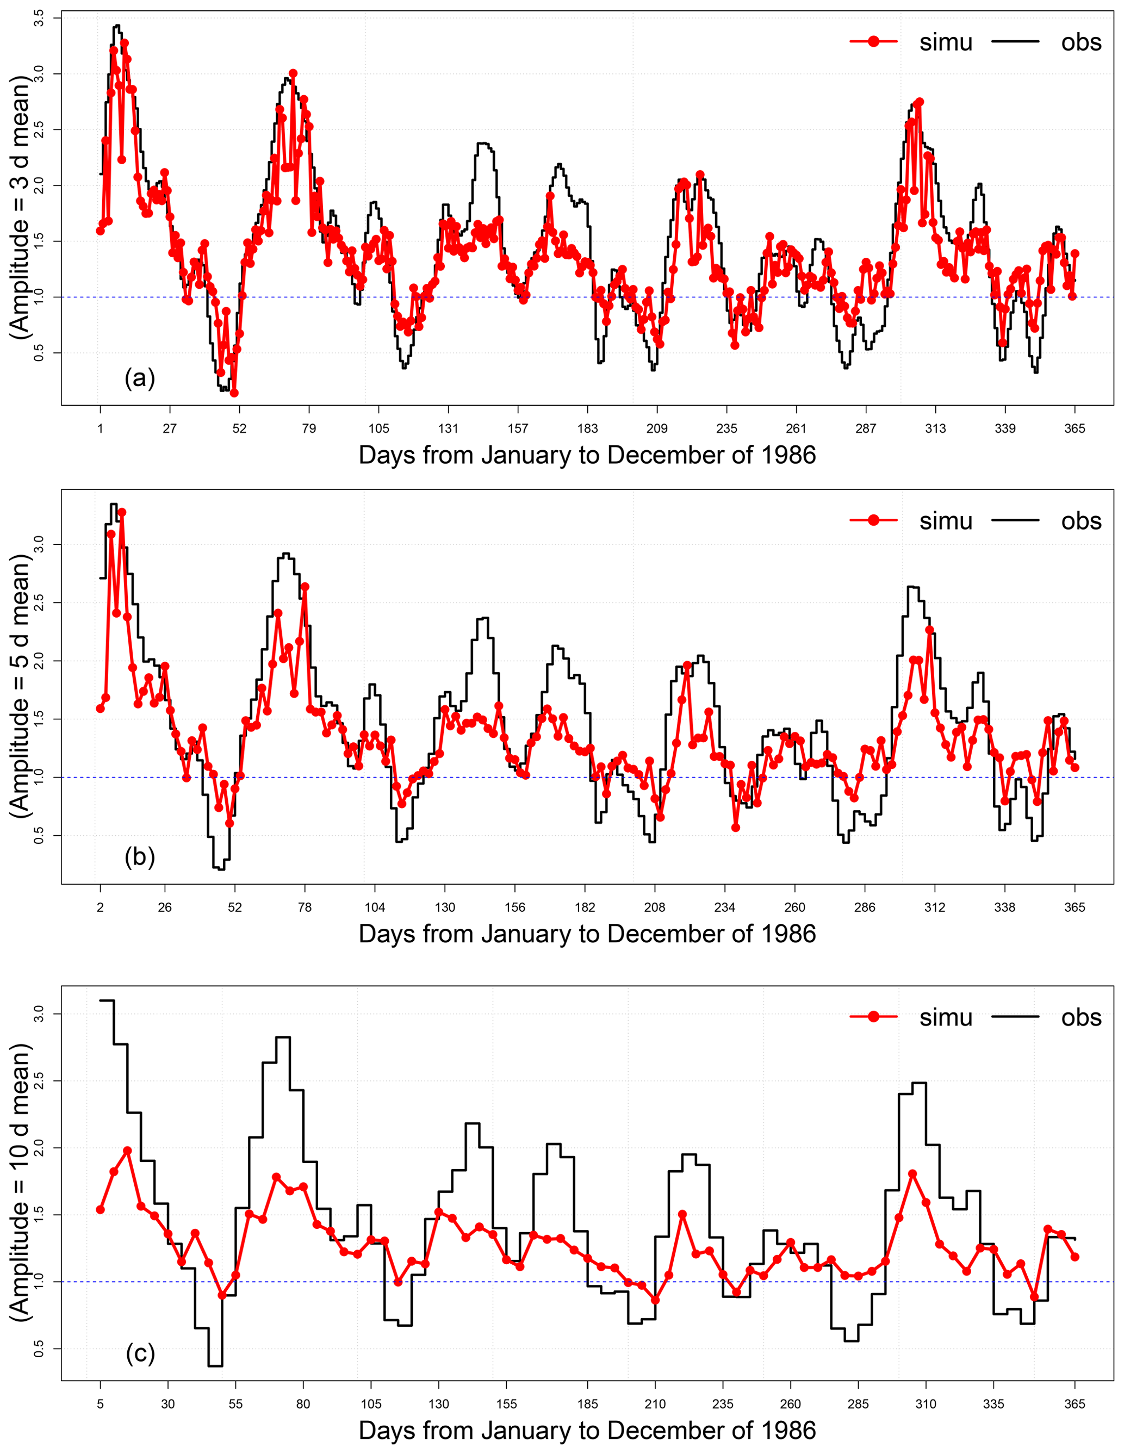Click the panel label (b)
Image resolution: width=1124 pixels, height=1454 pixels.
(139, 857)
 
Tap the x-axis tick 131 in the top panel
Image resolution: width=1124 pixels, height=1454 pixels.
(448, 428)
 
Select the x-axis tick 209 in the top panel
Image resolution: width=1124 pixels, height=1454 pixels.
(657, 428)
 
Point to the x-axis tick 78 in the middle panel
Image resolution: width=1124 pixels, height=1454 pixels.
(305, 907)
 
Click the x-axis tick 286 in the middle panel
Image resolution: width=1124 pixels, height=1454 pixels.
(864, 907)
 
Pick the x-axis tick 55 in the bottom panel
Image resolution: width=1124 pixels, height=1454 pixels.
(235, 1403)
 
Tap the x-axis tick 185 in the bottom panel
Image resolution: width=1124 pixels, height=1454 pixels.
(587, 1403)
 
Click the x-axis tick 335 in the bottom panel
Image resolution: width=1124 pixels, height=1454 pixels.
(993, 1403)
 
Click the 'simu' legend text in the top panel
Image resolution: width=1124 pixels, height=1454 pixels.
(946, 42)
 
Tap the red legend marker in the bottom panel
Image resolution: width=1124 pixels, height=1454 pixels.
(874, 1017)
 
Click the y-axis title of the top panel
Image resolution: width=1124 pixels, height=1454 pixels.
(21, 207)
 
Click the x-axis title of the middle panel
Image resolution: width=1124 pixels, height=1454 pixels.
(587, 934)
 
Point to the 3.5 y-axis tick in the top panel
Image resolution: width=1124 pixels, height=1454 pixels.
(39, 18)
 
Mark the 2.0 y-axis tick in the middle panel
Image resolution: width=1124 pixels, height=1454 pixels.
(39, 661)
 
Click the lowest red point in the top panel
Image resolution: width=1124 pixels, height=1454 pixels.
(234, 393)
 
